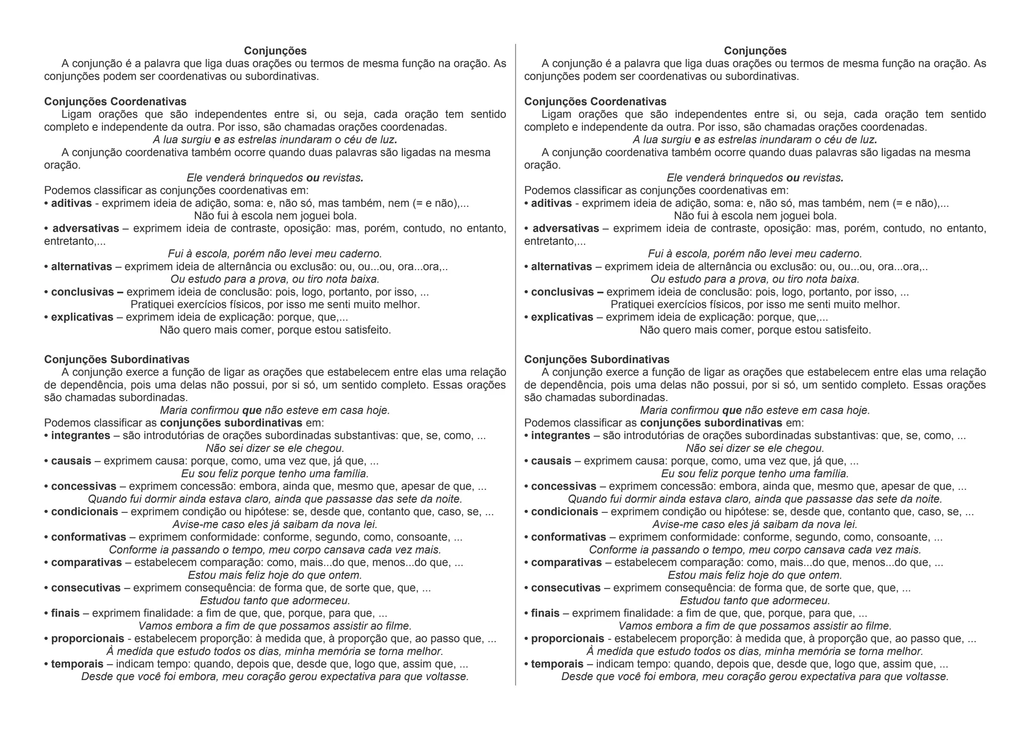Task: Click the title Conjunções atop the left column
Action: coord(275,51)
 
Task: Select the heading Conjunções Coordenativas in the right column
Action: coord(595,102)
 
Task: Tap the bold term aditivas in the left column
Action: coord(71,203)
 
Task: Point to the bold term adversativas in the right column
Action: coord(566,228)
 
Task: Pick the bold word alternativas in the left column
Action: coord(82,267)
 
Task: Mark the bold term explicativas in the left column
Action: coord(82,317)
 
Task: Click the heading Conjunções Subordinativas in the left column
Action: coord(117,359)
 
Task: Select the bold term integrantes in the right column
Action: coord(561,435)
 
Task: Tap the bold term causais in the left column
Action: coord(71,461)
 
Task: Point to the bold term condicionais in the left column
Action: coord(85,512)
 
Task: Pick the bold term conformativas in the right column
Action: coord(568,537)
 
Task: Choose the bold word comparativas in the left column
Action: coord(87,562)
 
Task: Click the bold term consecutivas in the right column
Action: coord(566,588)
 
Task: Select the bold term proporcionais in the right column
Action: coord(567,639)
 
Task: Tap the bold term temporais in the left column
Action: coord(77,664)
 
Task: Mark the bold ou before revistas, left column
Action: coord(313,178)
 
